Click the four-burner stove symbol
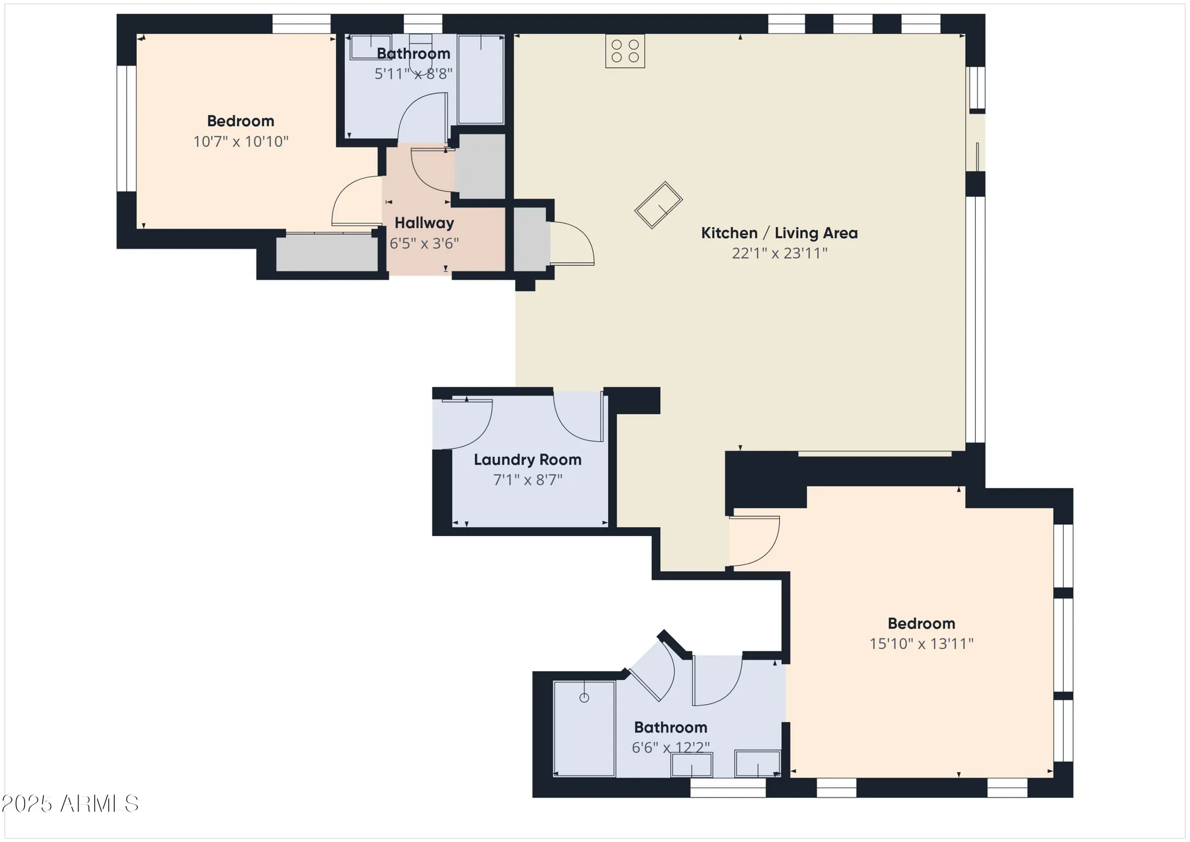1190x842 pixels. click(x=625, y=51)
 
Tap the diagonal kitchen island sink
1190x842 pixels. click(x=658, y=205)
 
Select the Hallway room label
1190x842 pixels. click(x=424, y=223)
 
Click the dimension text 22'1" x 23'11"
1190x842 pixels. click(x=779, y=253)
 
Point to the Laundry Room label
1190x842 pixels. click(x=527, y=459)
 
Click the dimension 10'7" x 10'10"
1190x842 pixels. click(x=241, y=142)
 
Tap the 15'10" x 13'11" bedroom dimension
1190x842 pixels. click(x=921, y=644)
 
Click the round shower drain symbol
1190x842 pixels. click(x=584, y=698)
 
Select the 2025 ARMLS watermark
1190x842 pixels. click(x=70, y=804)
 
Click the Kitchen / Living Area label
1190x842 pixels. click(x=779, y=233)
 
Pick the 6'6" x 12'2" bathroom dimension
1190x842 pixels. click(x=671, y=747)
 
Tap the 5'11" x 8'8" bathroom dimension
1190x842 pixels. click(x=413, y=74)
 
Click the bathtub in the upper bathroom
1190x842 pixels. click(x=481, y=79)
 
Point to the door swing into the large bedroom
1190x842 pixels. click(x=754, y=541)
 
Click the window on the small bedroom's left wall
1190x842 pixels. click(x=126, y=128)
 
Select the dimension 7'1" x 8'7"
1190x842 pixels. click(x=527, y=480)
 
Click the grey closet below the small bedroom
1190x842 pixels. click(x=327, y=253)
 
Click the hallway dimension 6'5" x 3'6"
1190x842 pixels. click(x=424, y=243)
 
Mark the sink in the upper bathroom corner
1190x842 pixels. click(x=370, y=48)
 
